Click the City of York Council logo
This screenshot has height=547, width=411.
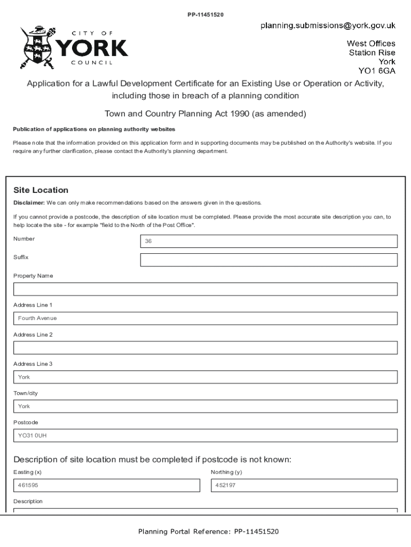(x=74, y=49)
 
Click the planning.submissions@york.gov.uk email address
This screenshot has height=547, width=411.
(x=328, y=25)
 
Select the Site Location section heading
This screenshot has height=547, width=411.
(x=41, y=190)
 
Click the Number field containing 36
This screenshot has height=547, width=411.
(x=268, y=241)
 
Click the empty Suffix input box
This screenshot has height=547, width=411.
(x=268, y=260)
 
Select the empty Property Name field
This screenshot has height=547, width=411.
(x=205, y=289)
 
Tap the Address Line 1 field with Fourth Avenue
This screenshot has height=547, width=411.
(x=205, y=318)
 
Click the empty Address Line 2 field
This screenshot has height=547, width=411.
(x=205, y=348)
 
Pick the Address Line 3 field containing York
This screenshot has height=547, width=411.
(x=205, y=377)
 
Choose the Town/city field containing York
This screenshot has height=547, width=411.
(x=205, y=407)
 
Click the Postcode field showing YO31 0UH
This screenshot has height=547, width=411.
(x=205, y=436)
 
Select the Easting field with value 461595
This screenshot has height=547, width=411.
(x=106, y=486)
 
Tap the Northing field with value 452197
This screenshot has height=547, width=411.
(x=304, y=486)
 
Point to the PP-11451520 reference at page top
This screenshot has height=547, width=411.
(x=205, y=14)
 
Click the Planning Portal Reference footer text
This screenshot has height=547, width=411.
(x=208, y=532)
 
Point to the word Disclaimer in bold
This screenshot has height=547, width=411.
(x=29, y=203)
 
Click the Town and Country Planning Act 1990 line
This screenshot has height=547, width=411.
(x=205, y=114)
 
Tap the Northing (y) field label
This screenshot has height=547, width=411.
(x=226, y=472)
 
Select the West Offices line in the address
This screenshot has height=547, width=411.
(x=371, y=43)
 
